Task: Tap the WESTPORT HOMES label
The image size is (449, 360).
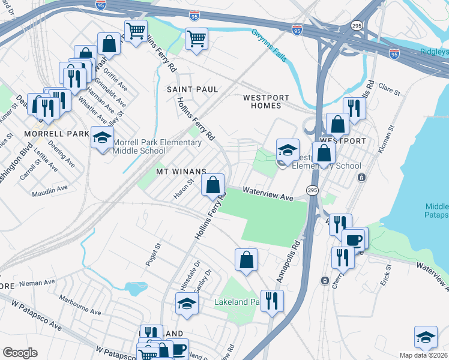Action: (x=265, y=101)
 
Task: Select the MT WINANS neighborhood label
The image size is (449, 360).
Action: (x=181, y=172)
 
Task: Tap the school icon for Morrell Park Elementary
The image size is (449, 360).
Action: (x=102, y=138)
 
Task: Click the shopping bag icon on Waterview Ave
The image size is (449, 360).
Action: (x=212, y=185)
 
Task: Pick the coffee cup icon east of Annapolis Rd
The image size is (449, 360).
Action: (x=354, y=239)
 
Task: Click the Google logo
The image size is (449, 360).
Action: (x=20, y=353)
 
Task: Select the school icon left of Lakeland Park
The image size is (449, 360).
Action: (x=187, y=304)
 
